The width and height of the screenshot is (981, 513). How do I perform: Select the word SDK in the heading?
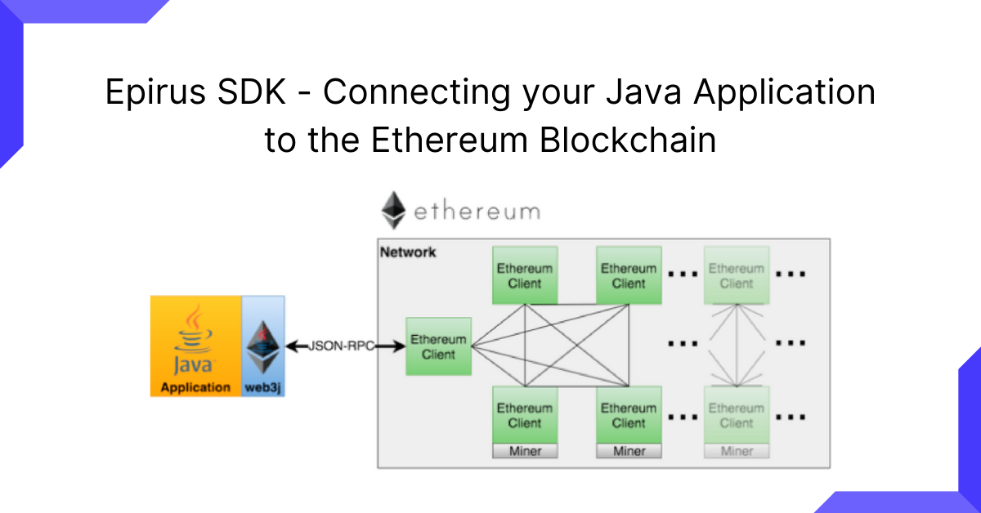pos(256,93)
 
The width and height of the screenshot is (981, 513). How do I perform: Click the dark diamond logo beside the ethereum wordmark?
pos(393,211)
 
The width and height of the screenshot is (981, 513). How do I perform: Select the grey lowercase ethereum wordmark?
pos(477,212)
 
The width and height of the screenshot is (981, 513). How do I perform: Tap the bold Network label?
pos(408,252)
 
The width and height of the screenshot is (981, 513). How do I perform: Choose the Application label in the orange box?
pos(195,387)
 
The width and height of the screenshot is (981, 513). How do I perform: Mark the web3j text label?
pos(264,387)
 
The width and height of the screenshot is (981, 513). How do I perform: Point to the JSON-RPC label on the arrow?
pos(341,346)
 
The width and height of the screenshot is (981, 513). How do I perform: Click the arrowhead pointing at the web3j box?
pos(291,346)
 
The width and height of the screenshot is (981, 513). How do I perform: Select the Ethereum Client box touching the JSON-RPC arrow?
pos(438,346)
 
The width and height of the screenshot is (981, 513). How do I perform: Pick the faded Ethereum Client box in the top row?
pos(736,275)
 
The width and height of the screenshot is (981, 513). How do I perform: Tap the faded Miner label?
pos(736,451)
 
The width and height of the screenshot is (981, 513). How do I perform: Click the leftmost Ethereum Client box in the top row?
pos(525,275)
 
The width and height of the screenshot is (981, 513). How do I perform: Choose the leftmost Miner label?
pos(525,451)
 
